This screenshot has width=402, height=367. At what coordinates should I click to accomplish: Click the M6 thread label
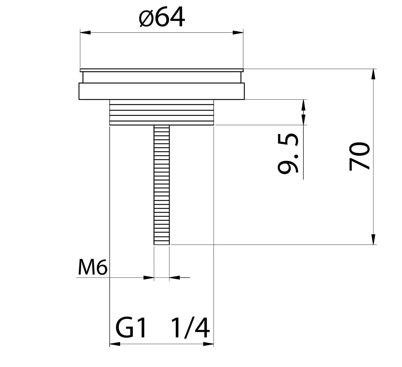point(92,268)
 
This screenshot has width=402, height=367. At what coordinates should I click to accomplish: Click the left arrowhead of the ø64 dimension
point(85,33)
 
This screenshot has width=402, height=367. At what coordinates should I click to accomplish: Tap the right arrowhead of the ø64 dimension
point(238,33)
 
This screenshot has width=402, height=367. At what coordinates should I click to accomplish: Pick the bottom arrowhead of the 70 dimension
point(373,239)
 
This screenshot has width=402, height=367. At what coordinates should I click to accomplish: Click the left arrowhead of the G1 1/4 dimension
point(115,344)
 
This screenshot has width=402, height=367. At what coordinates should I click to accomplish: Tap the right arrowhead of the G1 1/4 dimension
point(208,344)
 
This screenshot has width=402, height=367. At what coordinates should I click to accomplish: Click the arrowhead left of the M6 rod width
point(149,277)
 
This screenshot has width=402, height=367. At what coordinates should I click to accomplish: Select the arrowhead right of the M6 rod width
point(174,277)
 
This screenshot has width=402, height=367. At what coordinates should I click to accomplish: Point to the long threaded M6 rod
point(162,183)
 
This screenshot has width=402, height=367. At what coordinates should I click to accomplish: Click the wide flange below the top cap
point(162,91)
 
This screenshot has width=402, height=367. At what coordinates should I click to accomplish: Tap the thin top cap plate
point(162,70)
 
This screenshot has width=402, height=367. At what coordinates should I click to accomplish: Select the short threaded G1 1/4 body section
point(162,113)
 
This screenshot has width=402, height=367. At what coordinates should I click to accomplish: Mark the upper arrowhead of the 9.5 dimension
point(303,105)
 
